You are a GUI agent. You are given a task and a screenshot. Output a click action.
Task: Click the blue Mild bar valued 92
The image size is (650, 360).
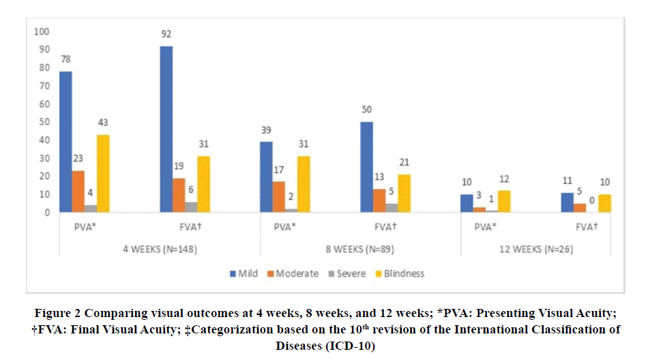[x=166, y=129]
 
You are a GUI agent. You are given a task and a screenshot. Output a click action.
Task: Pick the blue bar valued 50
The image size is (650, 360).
[x=367, y=167]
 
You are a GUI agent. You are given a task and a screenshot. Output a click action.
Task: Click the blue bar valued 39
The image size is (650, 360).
[x=266, y=177]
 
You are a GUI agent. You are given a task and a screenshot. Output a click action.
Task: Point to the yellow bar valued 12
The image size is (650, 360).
[x=504, y=201]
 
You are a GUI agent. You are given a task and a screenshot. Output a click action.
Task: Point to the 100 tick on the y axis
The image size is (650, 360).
[x=42, y=31]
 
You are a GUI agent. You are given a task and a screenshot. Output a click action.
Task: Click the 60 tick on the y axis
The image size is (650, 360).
[x=44, y=104]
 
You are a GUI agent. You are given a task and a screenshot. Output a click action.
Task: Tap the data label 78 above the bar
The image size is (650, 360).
[x=65, y=59]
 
